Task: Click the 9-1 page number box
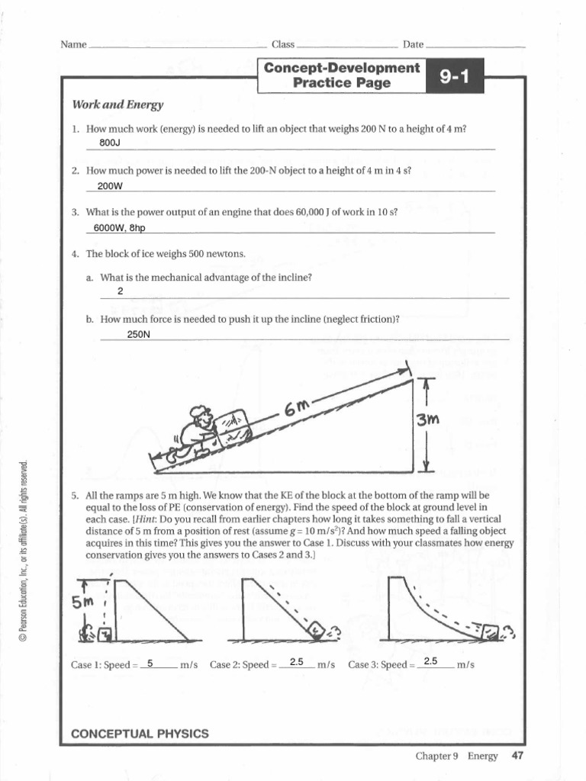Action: pyautogui.click(x=456, y=76)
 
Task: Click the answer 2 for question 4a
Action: pyautogui.click(x=121, y=291)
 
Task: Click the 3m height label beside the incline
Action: pyautogui.click(x=427, y=420)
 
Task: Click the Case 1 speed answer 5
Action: pyautogui.click(x=150, y=662)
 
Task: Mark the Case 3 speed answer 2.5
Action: pyautogui.click(x=430, y=661)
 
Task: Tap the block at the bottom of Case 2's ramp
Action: pyautogui.click(x=315, y=629)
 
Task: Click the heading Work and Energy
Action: pyautogui.click(x=118, y=104)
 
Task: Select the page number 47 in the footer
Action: pyautogui.click(x=517, y=756)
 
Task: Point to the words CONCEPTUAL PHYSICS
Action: pyautogui.click(x=140, y=734)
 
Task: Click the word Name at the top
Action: pyautogui.click(x=73, y=45)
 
